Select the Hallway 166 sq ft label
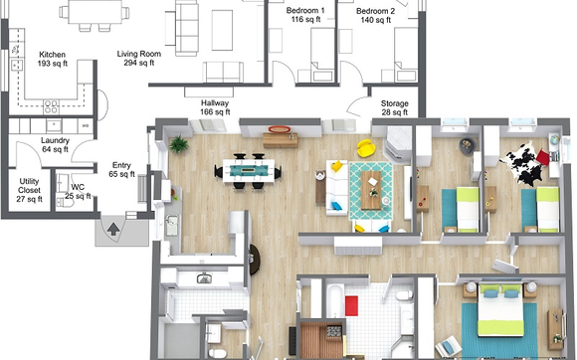(x=215, y=107)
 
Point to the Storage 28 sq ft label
(x=395, y=107)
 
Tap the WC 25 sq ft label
(x=76, y=191)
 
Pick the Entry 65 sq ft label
(x=120, y=170)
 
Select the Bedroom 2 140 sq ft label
(x=378, y=15)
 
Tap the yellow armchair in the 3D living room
(x=367, y=148)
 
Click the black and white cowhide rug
(x=522, y=167)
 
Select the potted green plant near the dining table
(x=179, y=142)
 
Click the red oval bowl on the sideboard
(x=280, y=129)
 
